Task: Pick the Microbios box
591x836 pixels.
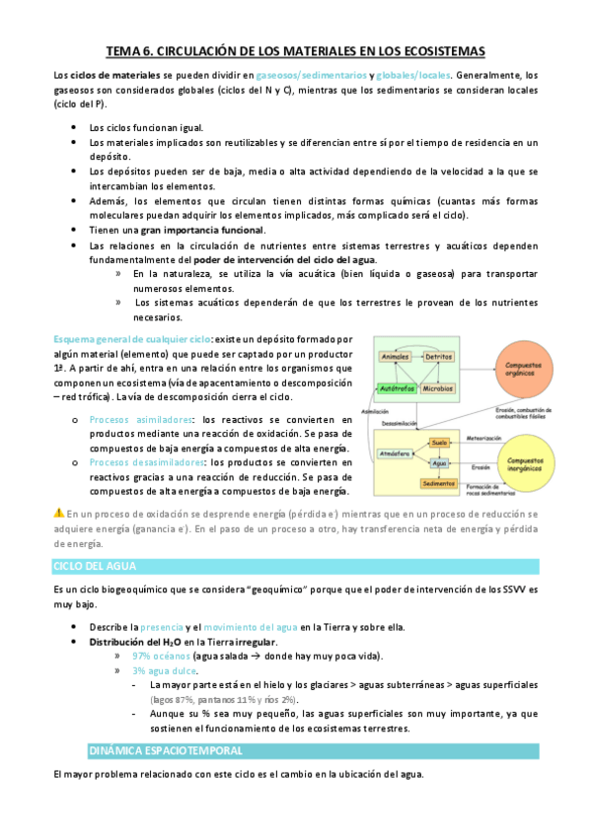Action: point(438,388)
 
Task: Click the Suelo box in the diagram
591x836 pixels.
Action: point(440,443)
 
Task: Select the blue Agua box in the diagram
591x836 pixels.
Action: point(440,462)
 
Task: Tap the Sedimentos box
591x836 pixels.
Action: point(438,483)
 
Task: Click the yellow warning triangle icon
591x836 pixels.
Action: point(58,512)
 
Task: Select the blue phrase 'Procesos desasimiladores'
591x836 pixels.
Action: point(143,461)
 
